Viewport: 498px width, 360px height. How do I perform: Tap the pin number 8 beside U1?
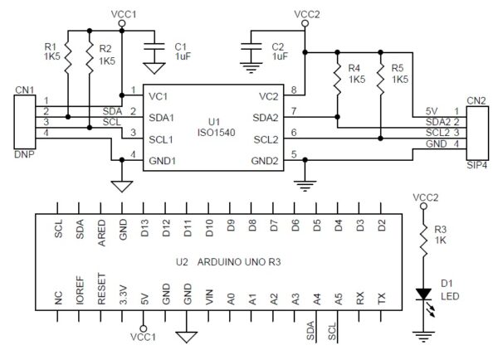(294, 89)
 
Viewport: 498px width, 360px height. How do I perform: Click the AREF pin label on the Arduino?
(101, 228)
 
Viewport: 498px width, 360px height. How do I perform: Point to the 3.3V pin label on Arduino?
(123, 295)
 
